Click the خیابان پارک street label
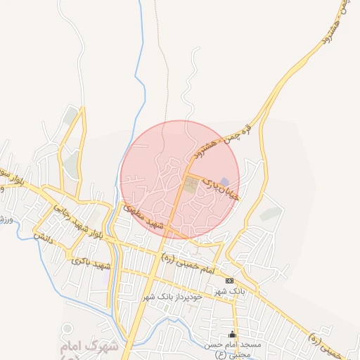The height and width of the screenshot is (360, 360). [x=221, y=186]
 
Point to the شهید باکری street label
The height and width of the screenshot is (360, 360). [x=91, y=263]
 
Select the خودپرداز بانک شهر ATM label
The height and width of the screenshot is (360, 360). [x=172, y=297]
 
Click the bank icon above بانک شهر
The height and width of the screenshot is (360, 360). [x=229, y=281]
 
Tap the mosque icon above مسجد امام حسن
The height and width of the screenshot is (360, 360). [x=232, y=333]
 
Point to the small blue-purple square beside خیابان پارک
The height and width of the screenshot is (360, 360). [x=225, y=182]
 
